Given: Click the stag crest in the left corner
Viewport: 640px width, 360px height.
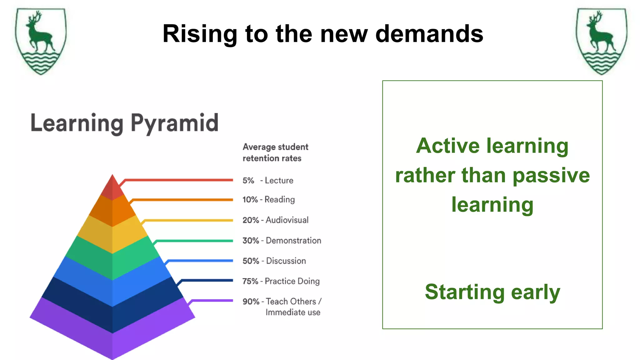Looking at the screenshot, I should [x=41, y=41].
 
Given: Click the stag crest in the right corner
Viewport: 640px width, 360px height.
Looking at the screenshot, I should [x=601, y=41].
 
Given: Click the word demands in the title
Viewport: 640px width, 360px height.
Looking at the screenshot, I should [x=429, y=34].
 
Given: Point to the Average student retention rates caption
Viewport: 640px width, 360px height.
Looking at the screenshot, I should [x=275, y=152].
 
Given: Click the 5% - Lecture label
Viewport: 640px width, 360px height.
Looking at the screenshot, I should [x=268, y=181].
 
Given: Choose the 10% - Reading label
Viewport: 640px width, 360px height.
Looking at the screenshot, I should [x=269, y=199].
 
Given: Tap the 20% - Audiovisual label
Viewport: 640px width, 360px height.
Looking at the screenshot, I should [x=276, y=220].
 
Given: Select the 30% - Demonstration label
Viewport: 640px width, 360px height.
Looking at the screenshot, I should [x=282, y=241].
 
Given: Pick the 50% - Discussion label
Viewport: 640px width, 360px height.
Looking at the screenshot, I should [x=274, y=261].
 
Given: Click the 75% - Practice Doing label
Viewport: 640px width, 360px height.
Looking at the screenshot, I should [x=281, y=281].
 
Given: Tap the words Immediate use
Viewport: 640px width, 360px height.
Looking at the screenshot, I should [x=293, y=312].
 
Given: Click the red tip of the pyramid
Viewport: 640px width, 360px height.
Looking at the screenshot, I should [x=112, y=187].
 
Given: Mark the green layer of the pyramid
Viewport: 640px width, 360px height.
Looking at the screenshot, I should [x=112, y=259].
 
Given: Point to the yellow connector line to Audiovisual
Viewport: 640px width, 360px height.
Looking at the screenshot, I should [x=187, y=220].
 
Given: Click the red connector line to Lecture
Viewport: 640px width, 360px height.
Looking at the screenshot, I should [x=178, y=180].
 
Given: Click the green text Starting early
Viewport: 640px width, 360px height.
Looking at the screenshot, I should [x=492, y=292].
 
